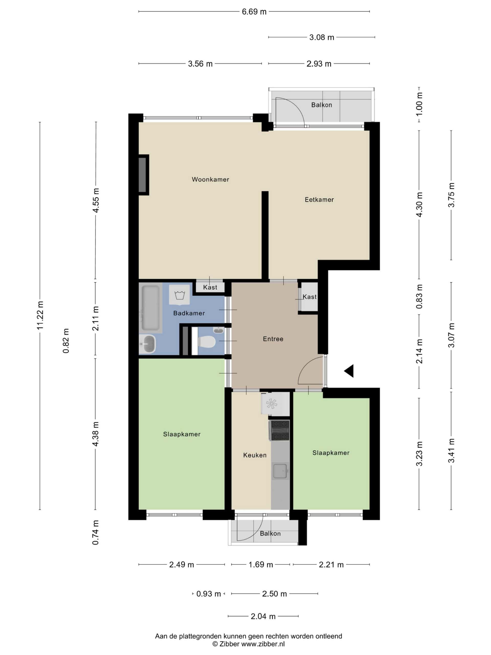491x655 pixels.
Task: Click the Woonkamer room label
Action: coord(210,179)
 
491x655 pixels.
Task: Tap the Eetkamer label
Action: coord(319,200)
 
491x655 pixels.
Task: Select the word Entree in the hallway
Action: coord(273,339)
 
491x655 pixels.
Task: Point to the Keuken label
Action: coord(254,455)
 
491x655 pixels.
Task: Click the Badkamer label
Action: coord(189,313)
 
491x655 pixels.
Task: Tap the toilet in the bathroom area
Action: coord(207,342)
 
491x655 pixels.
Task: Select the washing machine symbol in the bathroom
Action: coord(179,295)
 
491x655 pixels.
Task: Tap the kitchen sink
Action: coord(280,471)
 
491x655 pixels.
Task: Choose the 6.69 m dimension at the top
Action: coord(254,12)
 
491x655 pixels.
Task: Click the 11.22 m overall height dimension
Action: coord(40,315)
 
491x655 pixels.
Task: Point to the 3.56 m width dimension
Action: coord(200,64)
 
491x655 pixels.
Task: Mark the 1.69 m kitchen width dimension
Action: coord(260,564)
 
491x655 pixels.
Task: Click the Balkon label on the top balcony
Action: coord(321,105)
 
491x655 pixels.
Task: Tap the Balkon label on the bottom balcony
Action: coord(270,533)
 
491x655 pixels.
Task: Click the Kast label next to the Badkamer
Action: coord(210,287)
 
